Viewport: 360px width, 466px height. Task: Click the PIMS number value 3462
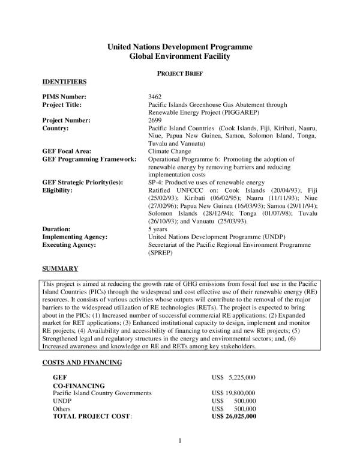(154, 97)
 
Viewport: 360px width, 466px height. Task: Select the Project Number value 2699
(154, 120)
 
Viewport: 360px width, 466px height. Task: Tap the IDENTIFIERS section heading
(65, 81)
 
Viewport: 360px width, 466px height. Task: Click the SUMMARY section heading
(59, 267)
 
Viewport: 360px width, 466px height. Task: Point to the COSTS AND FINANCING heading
(82, 362)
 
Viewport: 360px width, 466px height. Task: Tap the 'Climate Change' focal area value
(170, 151)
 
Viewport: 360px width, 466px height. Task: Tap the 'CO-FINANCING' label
(79, 385)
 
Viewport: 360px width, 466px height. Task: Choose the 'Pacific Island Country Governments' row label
(102, 393)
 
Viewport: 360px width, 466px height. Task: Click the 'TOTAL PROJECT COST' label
(93, 416)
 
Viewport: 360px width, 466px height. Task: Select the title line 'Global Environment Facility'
(179, 56)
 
